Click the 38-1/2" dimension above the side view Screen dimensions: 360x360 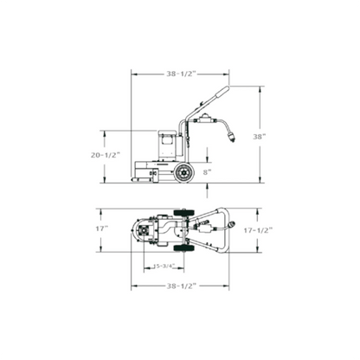point(179,74)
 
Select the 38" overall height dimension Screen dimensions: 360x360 point(271,137)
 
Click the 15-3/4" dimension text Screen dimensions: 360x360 point(164,266)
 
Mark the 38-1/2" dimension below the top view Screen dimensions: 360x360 point(179,286)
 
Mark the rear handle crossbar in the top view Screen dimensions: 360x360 point(226,230)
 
